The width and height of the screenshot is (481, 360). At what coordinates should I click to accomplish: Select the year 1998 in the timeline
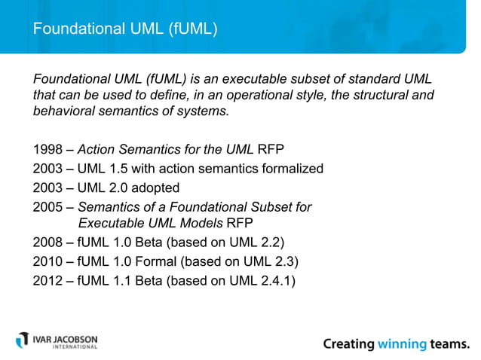tap(47, 149)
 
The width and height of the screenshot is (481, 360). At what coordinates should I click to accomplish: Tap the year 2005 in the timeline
tap(47, 206)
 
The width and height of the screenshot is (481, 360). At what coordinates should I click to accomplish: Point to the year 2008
tap(47, 243)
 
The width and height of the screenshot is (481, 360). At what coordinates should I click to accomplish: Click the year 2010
tap(47, 262)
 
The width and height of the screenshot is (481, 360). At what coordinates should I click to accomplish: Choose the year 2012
tap(47, 281)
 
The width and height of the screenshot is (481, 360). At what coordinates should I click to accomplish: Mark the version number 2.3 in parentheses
tap(285, 262)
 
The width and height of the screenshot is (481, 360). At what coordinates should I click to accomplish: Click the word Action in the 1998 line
tap(97, 149)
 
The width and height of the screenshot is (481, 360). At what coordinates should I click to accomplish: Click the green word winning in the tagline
tap(402, 344)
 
